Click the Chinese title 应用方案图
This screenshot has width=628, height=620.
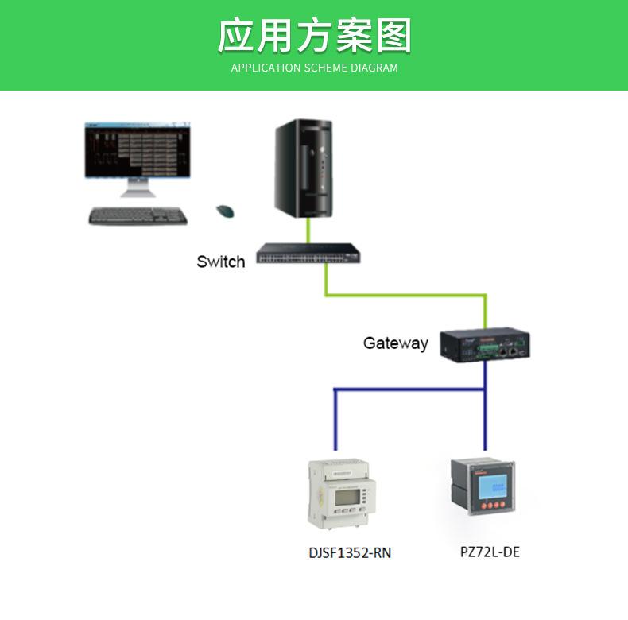point(314,37)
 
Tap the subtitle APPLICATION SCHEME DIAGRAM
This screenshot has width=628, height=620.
point(314,68)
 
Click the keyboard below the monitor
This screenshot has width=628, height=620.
point(138,215)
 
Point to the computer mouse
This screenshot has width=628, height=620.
point(226,211)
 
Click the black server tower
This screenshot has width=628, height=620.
point(303,169)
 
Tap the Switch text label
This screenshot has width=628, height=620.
point(221,262)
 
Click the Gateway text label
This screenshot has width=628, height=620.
point(395,343)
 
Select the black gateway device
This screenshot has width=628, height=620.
point(483,344)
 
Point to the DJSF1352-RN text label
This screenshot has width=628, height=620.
point(350,552)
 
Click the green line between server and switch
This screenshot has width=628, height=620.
point(308,231)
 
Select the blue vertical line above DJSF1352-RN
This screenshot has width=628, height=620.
point(335,421)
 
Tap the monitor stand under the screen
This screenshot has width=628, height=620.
point(138,189)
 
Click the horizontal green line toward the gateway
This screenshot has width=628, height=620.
point(405,296)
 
